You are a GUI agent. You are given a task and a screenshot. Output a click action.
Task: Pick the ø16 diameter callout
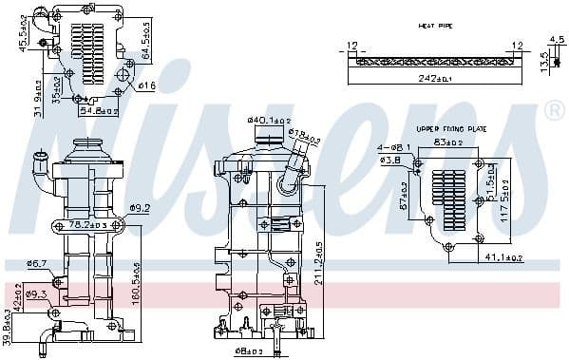pyautogui.click(x=147, y=86)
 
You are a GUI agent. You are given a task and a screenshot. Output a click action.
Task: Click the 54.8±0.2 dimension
pyautogui.click(x=99, y=111)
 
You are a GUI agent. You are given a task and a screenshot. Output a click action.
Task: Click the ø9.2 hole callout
pyautogui.click(x=141, y=207)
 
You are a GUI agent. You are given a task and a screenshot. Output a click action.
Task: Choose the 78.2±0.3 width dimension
pyautogui.click(x=95, y=226)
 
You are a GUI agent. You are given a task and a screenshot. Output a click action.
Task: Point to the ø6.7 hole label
pyautogui.click(x=37, y=263)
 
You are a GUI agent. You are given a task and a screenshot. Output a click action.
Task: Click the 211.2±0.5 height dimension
pyautogui.click(x=316, y=263)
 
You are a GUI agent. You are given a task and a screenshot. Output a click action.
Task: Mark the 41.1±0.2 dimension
pyautogui.click(x=503, y=258)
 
